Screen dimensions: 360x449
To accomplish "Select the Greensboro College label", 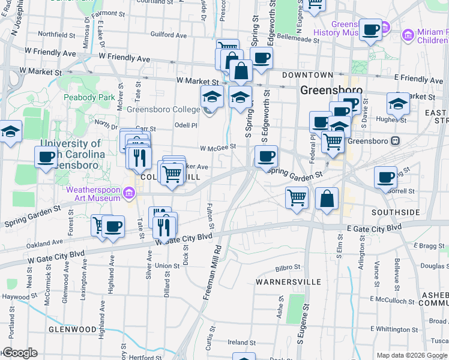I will tap(163, 110).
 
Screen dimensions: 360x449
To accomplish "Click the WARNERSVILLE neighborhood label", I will tap(288, 281).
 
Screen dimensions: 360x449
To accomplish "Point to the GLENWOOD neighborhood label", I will tap(73, 329).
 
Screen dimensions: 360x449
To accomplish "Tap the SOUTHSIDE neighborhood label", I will tap(395, 213).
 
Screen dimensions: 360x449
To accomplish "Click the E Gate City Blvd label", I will tap(374, 229).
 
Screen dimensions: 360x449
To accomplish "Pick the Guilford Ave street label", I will tap(169, 36).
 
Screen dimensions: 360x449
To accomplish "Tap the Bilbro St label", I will tap(288, 267).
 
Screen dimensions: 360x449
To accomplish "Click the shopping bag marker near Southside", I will tap(327, 199).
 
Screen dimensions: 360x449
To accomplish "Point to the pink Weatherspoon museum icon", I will tap(129, 193).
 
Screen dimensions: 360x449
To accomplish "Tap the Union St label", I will tap(167, 266).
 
